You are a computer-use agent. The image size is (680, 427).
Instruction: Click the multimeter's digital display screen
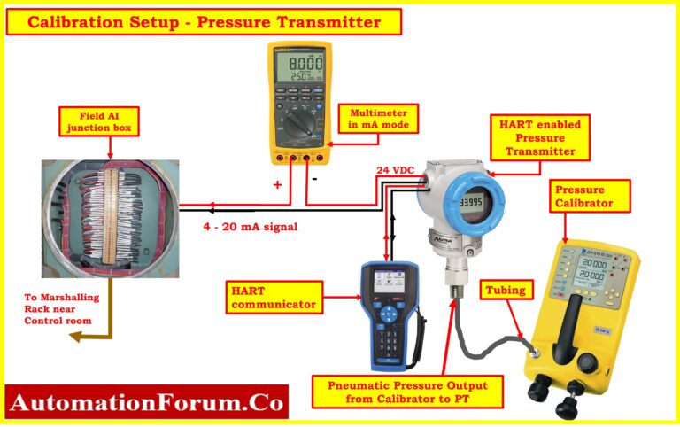300,67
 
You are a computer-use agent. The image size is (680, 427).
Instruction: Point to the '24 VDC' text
395,169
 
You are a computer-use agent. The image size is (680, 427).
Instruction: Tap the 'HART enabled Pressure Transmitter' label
540,138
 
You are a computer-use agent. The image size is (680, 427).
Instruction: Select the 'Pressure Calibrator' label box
591,196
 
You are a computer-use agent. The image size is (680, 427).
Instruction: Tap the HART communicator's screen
387,281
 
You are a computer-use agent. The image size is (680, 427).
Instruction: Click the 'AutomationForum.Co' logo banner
147,404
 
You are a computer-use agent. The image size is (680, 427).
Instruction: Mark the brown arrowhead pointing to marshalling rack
76,338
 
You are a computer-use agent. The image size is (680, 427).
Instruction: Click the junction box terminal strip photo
111,217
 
